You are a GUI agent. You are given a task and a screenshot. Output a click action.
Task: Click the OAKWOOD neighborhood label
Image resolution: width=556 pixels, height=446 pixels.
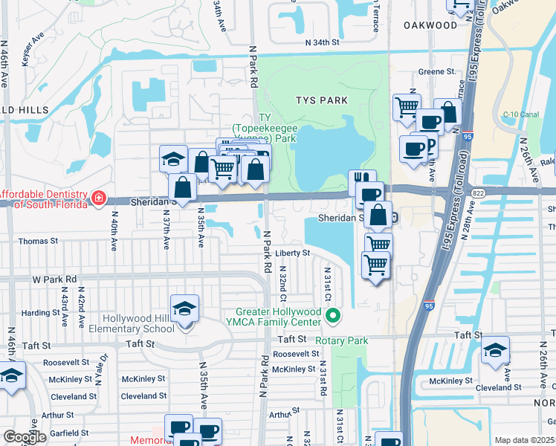[430, 25]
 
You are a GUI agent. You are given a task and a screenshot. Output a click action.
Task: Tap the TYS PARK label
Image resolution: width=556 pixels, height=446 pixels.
[321, 100]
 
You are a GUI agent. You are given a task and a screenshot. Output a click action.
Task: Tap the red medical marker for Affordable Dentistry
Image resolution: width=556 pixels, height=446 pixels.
[98, 198]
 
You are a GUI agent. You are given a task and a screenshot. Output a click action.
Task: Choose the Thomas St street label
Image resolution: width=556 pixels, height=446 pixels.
[38, 242]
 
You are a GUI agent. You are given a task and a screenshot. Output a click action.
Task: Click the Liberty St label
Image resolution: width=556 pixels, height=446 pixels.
[292, 253]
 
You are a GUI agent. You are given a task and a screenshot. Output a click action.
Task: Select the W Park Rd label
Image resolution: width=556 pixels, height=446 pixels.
[54, 279]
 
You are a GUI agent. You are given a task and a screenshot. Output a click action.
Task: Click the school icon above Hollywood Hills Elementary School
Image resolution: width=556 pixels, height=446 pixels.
[184, 309]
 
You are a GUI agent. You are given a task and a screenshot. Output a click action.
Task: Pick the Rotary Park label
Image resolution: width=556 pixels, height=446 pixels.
[342, 341]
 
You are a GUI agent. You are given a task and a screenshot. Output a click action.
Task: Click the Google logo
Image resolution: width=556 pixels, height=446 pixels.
[25, 437]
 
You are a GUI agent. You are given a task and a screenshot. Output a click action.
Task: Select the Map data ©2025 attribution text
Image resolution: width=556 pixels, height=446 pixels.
[523, 440]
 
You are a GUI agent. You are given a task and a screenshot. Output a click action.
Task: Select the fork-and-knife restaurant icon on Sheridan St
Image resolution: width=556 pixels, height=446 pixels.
[358, 180]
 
